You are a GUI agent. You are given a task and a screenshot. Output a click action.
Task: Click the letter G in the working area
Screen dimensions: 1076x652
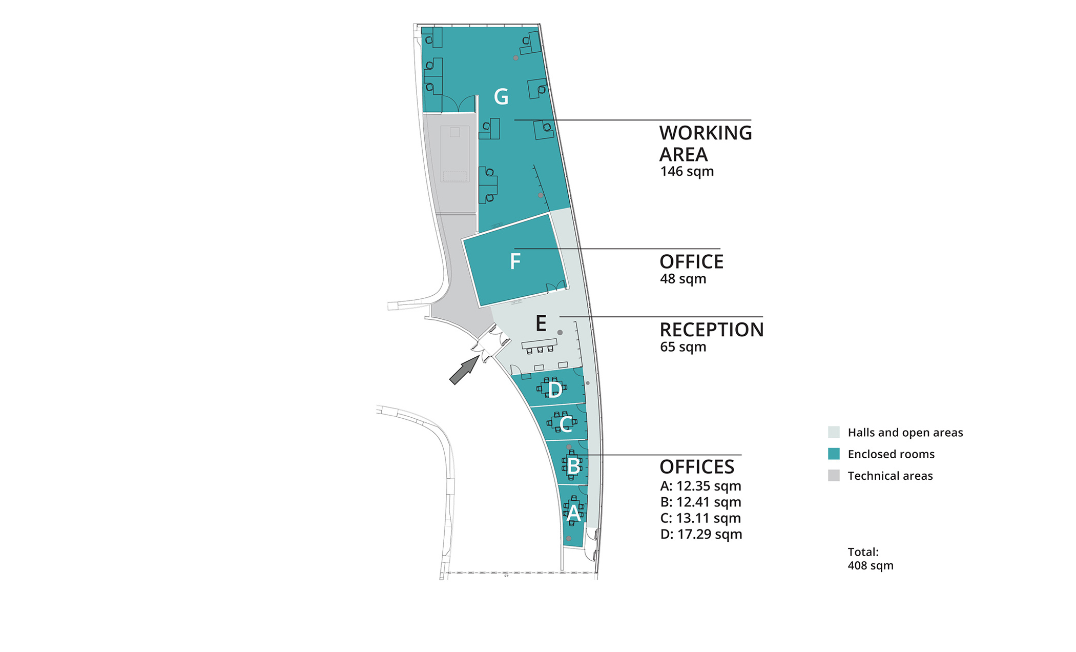click(x=501, y=96)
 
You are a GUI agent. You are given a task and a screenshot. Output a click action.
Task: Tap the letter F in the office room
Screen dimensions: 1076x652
click(x=515, y=261)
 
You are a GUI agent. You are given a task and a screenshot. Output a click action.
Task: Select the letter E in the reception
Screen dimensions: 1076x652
click(x=541, y=323)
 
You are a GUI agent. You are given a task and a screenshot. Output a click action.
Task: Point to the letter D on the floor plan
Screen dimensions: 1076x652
click(x=555, y=390)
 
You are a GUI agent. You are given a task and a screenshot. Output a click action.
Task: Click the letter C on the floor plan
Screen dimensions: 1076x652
click(x=566, y=424)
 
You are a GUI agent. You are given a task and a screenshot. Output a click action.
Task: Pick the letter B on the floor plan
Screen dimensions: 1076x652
click(x=574, y=466)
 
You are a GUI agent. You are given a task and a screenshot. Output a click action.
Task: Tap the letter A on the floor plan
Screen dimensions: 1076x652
click(x=573, y=513)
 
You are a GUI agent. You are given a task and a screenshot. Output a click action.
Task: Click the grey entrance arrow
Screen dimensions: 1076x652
click(x=464, y=370)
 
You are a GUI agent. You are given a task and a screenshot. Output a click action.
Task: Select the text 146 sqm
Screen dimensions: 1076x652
click(x=687, y=172)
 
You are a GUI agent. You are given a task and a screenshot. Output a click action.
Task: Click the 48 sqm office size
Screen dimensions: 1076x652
click(x=683, y=279)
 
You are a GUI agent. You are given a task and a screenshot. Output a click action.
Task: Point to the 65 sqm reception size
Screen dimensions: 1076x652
click(x=683, y=348)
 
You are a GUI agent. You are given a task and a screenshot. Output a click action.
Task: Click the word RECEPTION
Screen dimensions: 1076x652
click(x=712, y=330)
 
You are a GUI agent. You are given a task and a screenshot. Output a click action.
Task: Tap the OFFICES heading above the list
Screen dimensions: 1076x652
click(x=697, y=467)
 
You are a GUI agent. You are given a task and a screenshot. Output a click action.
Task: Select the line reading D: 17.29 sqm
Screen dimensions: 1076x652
click(x=701, y=535)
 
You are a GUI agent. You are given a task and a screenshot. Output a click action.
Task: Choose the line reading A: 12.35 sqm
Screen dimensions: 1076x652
click(x=700, y=486)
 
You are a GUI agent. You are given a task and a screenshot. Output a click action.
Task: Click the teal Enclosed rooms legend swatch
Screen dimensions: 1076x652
click(x=834, y=454)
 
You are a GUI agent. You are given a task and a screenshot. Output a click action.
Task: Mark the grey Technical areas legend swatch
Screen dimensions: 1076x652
click(x=834, y=475)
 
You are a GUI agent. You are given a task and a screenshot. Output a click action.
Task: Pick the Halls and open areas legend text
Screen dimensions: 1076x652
click(x=905, y=433)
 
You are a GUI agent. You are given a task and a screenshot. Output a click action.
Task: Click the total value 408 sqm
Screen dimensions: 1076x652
click(x=871, y=565)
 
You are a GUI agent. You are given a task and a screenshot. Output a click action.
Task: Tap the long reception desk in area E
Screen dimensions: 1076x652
click(x=539, y=343)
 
